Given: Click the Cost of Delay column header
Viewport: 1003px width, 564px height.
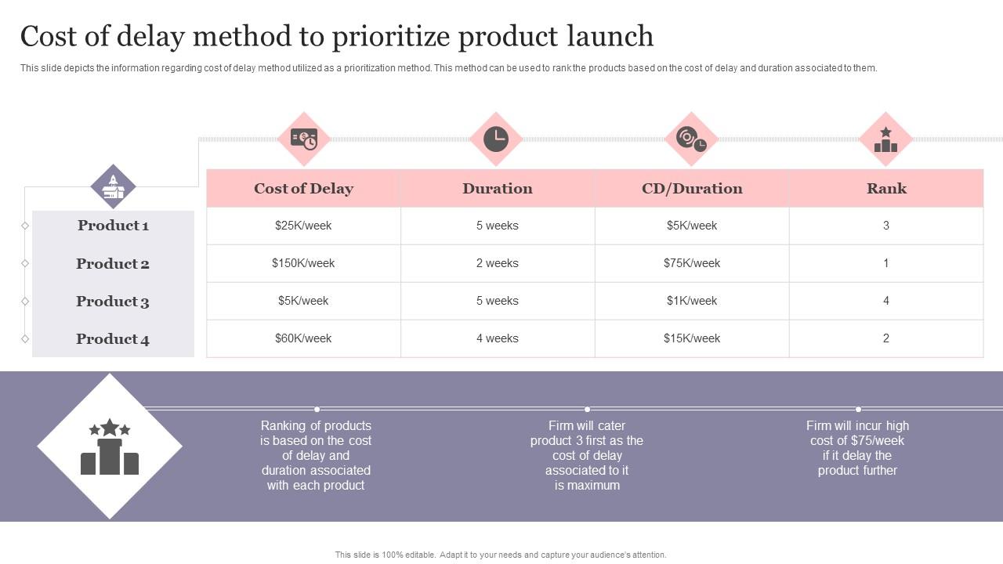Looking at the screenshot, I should coord(303,189).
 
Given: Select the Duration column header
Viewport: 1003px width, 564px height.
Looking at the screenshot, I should coord(497,189).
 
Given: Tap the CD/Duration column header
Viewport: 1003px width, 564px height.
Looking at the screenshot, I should coord(691,189).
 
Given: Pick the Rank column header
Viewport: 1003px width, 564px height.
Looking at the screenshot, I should coord(886,189).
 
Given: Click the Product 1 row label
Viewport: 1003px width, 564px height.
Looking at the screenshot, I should coord(113,226).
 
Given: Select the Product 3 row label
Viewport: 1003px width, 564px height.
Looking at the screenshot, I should coord(113,302).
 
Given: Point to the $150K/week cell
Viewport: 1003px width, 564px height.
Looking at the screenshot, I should coord(303,263).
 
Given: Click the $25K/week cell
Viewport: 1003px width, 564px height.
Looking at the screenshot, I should coord(303,226).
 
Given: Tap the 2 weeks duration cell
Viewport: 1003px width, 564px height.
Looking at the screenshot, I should coord(497,263).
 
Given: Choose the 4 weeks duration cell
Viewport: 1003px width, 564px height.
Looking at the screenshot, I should coord(497,338).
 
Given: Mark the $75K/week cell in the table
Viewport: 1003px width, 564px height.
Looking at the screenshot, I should coord(691,263).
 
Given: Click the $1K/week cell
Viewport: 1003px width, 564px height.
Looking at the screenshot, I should coord(691,301).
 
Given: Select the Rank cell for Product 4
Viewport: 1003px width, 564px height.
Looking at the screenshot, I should coord(886,338).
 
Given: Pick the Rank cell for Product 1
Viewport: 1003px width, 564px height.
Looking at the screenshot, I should coord(886,226).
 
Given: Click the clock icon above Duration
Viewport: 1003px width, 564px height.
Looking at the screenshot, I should coord(496,139).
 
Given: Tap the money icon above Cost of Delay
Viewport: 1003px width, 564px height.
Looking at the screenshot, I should coord(303,139).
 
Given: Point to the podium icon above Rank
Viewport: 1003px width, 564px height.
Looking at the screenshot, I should coord(885,139).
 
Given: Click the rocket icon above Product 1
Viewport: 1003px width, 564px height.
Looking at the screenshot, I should coord(114,186).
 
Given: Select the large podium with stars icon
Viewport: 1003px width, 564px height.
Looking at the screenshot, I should coord(110,446).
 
